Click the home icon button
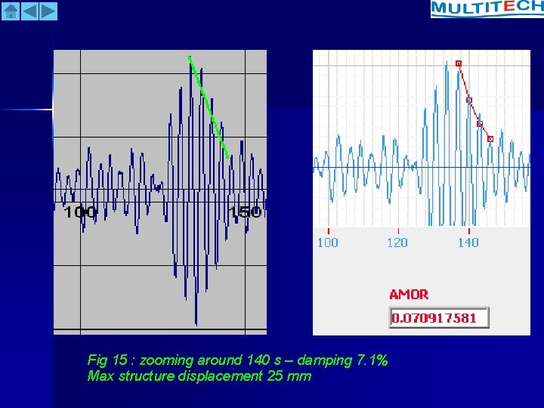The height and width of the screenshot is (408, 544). pyautogui.click(x=11, y=11)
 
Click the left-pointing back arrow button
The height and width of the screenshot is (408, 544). pyautogui.click(x=29, y=11)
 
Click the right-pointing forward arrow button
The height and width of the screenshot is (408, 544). pyautogui.click(x=48, y=11)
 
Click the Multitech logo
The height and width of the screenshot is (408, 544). pyautogui.click(x=487, y=8)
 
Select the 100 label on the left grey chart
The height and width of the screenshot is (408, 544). pyautogui.click(x=80, y=212)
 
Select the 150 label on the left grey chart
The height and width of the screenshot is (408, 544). pyautogui.click(x=246, y=212)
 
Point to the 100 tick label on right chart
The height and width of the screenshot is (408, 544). pyautogui.click(x=327, y=243)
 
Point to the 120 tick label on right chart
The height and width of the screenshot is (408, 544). pyautogui.click(x=397, y=243)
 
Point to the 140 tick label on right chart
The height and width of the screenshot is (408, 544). pyautogui.click(x=468, y=243)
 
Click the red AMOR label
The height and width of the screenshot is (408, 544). pyautogui.click(x=409, y=295)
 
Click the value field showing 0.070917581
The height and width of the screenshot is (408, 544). pyautogui.click(x=439, y=318)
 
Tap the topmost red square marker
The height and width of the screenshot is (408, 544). pyautogui.click(x=459, y=63)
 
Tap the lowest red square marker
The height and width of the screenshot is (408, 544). pyautogui.click(x=490, y=139)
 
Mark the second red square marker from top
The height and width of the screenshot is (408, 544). pyautogui.click(x=469, y=100)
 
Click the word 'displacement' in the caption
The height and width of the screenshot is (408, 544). pyautogui.click(x=224, y=376)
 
